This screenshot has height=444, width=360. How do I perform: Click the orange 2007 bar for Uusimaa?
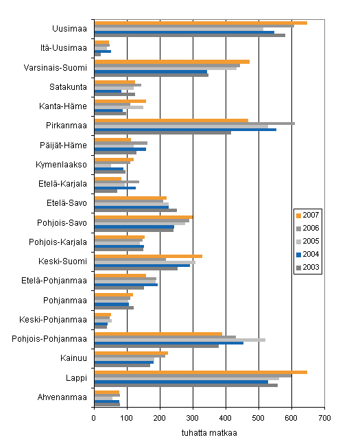(x=201, y=23)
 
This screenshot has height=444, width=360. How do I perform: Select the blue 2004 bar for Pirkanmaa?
(x=185, y=130)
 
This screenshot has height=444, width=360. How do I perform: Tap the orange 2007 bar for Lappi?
(x=201, y=372)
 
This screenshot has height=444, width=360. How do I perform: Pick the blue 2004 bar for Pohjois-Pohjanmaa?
(x=169, y=343)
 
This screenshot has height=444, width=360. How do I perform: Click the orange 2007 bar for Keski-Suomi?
(x=148, y=256)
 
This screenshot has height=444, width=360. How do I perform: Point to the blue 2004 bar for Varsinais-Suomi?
(x=151, y=72)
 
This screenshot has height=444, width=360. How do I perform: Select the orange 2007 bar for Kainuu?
(x=132, y=353)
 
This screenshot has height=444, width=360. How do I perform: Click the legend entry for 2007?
(x=308, y=215)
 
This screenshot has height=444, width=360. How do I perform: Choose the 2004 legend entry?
(x=308, y=255)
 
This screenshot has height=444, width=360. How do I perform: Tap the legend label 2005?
(x=311, y=242)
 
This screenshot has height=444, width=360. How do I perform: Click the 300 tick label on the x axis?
(x=193, y=418)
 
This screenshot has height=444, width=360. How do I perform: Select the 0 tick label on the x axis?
(x=94, y=418)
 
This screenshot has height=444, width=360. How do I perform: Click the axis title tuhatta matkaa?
(x=209, y=433)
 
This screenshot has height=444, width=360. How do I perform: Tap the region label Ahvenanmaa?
(x=62, y=397)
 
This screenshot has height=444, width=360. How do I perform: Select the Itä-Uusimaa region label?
(x=63, y=48)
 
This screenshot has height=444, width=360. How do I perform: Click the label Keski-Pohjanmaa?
(x=53, y=320)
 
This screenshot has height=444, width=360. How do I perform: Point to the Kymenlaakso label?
(x=61, y=165)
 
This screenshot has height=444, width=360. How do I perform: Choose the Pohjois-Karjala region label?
(x=58, y=242)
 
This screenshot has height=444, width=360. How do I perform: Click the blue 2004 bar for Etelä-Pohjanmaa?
(x=126, y=285)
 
